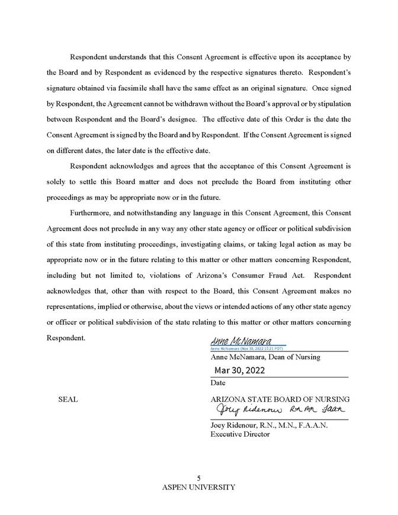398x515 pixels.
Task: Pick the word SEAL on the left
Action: [x=68, y=399]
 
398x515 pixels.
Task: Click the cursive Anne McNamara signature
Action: [x=240, y=342]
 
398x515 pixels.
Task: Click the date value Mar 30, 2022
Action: [x=240, y=370]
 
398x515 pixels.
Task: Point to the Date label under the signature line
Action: [x=218, y=383]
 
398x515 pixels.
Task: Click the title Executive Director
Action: [x=240, y=434]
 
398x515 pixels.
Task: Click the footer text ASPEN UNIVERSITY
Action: [x=199, y=487]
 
